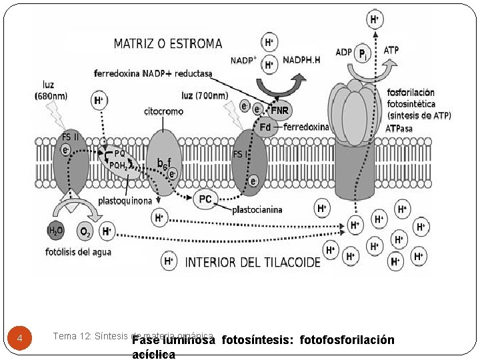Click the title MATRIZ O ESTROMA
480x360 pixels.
pyautogui.click(x=168, y=44)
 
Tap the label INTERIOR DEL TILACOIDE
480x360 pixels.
pyautogui.click(x=253, y=262)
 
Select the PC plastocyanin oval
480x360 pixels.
pyautogui.click(x=205, y=199)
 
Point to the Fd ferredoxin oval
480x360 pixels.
pyautogui.click(x=266, y=127)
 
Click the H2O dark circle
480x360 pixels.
pyautogui.click(x=55, y=231)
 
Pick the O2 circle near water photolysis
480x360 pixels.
pyautogui.click(x=85, y=232)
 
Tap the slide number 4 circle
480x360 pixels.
pyautogui.click(x=20, y=338)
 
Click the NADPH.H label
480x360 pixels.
pyautogui.click(x=301, y=60)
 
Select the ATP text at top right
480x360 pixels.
pyautogui.click(x=392, y=50)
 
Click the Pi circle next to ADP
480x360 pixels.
pyautogui.click(x=362, y=55)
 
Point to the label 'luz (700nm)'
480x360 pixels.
pyautogui.click(x=205, y=96)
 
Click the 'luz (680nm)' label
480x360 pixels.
pyautogui.click(x=51, y=91)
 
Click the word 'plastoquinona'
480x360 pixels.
pyautogui.click(x=125, y=200)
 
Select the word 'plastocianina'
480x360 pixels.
pyautogui.click(x=257, y=210)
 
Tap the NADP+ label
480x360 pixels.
pyautogui.click(x=243, y=60)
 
